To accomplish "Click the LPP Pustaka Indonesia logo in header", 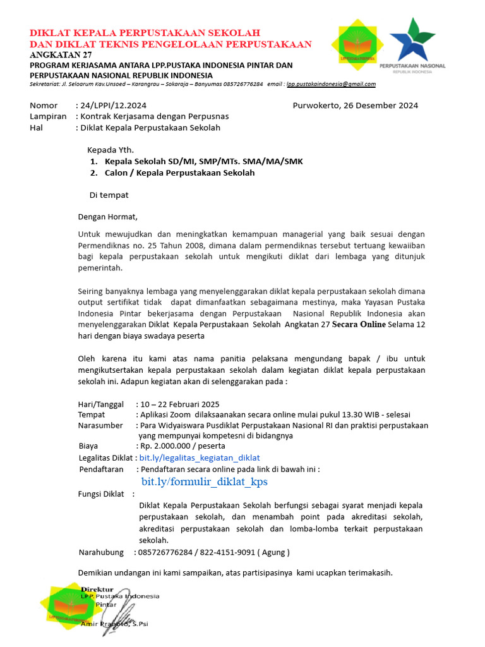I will tap(356, 42).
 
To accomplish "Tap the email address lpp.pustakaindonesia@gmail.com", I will tap(331, 84).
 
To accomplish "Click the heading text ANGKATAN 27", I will tap(61, 55).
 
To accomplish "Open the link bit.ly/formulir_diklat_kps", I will tap(204, 481).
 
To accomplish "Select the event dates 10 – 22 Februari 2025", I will tap(180, 404).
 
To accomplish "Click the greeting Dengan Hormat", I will tap(107, 217).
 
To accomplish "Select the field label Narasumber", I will tap(100, 425).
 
